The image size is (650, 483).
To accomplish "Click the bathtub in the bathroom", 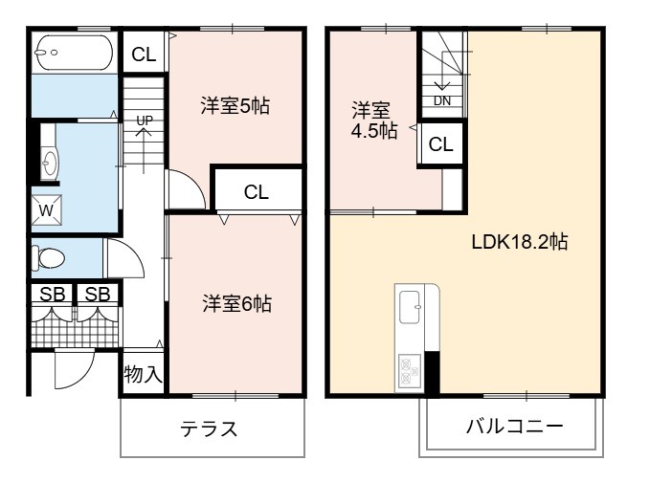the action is (x=75, y=53).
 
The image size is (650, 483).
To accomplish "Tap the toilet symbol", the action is (x=48, y=258).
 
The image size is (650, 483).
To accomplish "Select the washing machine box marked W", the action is (x=46, y=210).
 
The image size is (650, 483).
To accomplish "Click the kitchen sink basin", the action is (x=410, y=307).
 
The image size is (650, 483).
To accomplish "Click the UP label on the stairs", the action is (x=145, y=121).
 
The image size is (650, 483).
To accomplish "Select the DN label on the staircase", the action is (x=442, y=100).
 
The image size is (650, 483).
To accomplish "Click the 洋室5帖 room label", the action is (x=235, y=106).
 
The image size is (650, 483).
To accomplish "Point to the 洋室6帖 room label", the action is (x=236, y=303).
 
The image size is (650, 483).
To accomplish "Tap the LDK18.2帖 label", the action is (x=520, y=241).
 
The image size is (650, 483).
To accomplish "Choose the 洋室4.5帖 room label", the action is (x=374, y=121).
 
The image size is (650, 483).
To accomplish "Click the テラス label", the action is (x=209, y=428).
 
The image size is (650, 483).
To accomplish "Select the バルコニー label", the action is (x=515, y=427).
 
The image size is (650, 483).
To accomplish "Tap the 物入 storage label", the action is (x=143, y=374).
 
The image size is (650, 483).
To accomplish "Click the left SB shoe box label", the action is (x=53, y=295).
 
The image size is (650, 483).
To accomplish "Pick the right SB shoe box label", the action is (x=98, y=295).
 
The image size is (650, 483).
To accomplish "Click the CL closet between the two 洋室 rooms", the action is (x=257, y=192).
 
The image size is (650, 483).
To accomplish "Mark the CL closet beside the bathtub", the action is (x=144, y=55).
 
